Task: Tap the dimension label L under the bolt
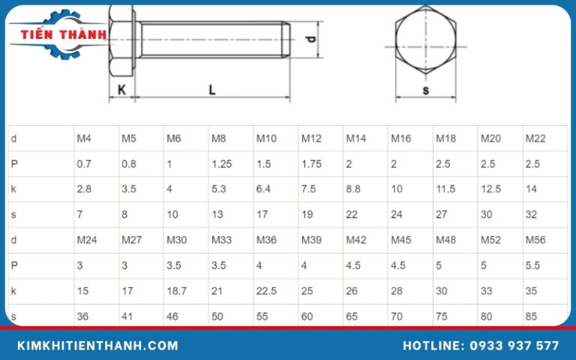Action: [x=212, y=89]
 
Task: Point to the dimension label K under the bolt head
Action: [x=121, y=89]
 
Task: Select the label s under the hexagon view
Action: [x=426, y=91]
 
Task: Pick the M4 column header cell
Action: [x=84, y=139]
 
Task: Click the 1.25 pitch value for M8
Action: [x=221, y=163]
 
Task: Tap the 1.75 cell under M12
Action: [x=311, y=163]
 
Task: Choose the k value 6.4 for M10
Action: [x=264, y=189]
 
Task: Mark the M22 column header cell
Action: [x=535, y=139]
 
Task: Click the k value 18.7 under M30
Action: [x=177, y=291]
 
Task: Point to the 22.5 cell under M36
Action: [x=266, y=291]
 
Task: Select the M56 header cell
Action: [x=535, y=240]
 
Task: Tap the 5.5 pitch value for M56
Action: [x=532, y=265]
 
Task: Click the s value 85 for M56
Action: [x=531, y=316]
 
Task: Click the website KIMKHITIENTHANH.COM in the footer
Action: [x=97, y=346]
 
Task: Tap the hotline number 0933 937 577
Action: [x=480, y=346]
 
